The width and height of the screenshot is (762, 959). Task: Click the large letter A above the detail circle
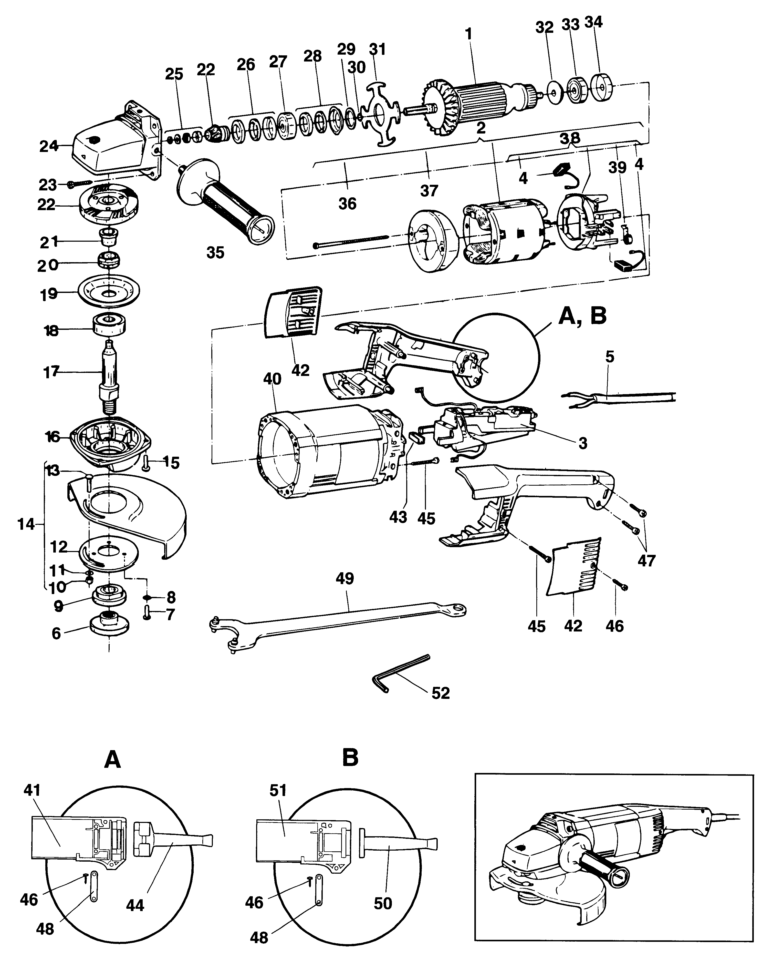pyautogui.click(x=112, y=760)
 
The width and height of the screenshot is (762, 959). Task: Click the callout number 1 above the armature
pyautogui.click(x=468, y=34)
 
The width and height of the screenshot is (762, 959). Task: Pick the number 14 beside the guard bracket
pyautogui.click(x=26, y=524)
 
